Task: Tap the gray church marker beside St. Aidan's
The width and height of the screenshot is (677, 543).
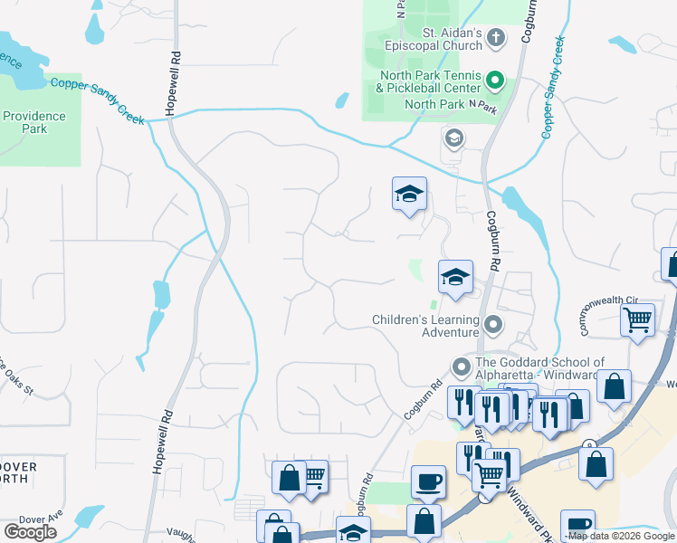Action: click(x=494, y=38)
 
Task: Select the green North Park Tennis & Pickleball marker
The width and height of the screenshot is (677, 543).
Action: click(x=494, y=81)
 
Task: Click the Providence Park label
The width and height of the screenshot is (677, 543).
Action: click(x=33, y=122)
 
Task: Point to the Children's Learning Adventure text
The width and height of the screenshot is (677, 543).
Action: click(x=425, y=326)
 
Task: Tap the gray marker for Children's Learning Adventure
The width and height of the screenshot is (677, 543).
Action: click(x=493, y=323)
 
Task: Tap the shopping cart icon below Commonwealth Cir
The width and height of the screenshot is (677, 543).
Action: click(x=638, y=319)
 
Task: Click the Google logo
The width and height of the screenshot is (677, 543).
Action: click(x=30, y=531)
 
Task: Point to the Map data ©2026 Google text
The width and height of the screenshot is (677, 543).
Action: click(x=621, y=537)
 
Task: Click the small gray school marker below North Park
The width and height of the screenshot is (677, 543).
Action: click(x=453, y=138)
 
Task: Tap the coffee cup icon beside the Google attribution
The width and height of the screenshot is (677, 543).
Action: click(x=577, y=525)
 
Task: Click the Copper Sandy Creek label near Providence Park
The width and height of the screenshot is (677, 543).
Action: click(x=98, y=100)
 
